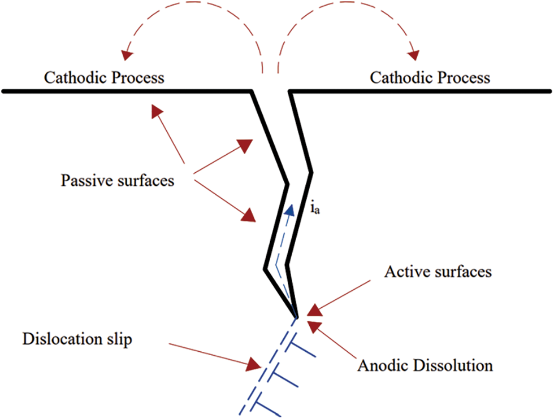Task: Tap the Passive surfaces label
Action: click(118, 181)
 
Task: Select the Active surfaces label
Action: click(438, 272)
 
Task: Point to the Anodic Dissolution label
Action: click(425, 365)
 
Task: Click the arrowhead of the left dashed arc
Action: click(126, 54)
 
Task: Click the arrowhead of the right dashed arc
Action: click(414, 54)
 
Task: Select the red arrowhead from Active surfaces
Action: click(314, 310)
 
